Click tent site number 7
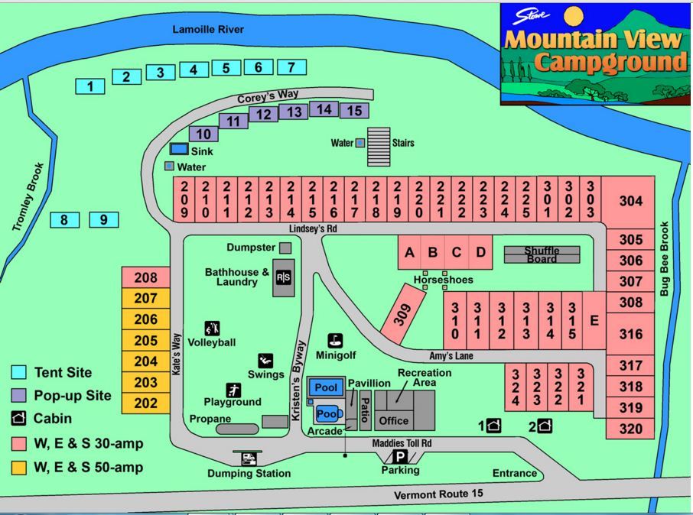pyautogui.click(x=291, y=67)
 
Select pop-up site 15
pyautogui.click(x=354, y=111)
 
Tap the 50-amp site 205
pyautogui.click(x=145, y=341)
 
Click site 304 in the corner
pyautogui.click(x=630, y=202)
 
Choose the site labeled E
pyautogui.click(x=594, y=321)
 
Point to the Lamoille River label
pyautogui.click(x=208, y=29)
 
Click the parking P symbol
pyautogui.click(x=400, y=457)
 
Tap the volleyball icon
pyautogui.click(x=213, y=329)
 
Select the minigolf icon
pyautogui.click(x=335, y=341)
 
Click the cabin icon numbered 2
pyautogui.click(x=545, y=426)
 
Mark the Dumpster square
pyautogui.click(x=285, y=248)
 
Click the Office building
pyautogui.click(x=394, y=420)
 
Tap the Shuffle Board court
pyautogui.click(x=542, y=254)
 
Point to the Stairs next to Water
pyautogui.click(x=379, y=146)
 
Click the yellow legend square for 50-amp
pyautogui.click(x=19, y=467)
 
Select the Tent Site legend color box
pyautogui.click(x=19, y=373)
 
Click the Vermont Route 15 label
pyautogui.click(x=438, y=495)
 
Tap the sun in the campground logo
pyautogui.click(x=574, y=16)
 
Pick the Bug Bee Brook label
pyautogui.click(x=665, y=260)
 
